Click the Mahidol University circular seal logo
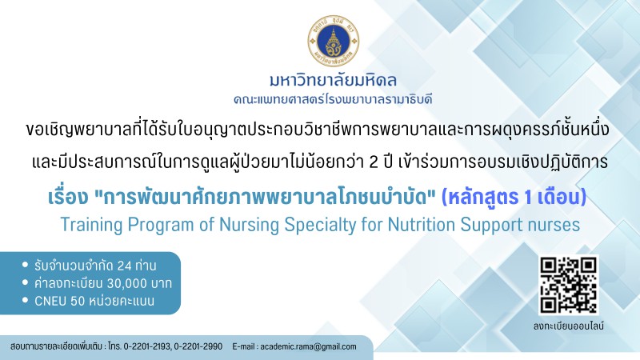coord(334,41)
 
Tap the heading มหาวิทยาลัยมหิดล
coord(333,81)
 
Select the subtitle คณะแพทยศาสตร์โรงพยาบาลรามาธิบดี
coord(333,99)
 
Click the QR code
coord(569,286)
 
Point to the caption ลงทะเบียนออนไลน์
coord(569,326)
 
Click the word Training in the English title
coord(91,226)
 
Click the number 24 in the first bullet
coord(125,266)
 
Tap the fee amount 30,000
coord(127,283)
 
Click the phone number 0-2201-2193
coord(147,346)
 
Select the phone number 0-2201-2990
coord(198,346)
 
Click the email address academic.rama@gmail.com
coord(308,346)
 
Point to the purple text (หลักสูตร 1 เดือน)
coord(514,198)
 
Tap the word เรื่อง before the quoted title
coord(68,197)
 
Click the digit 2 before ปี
coord(373,162)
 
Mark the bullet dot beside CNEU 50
coord(25,300)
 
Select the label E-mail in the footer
coord(243,346)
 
